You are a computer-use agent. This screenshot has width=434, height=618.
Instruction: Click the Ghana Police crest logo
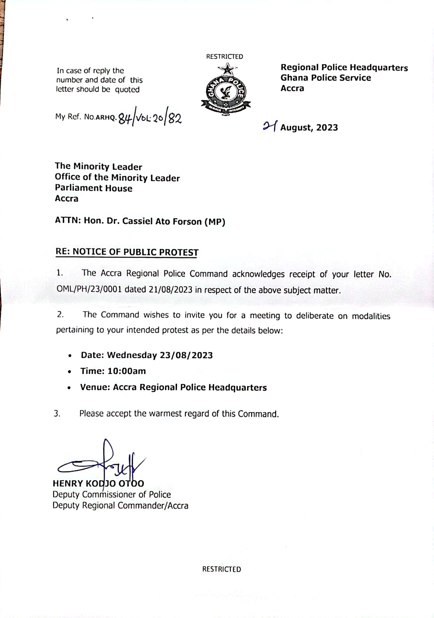coord(226,89)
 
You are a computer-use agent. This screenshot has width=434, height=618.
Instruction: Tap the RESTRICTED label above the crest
coord(224,56)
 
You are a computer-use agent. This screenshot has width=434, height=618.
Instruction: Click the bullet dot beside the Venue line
coord(70,388)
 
